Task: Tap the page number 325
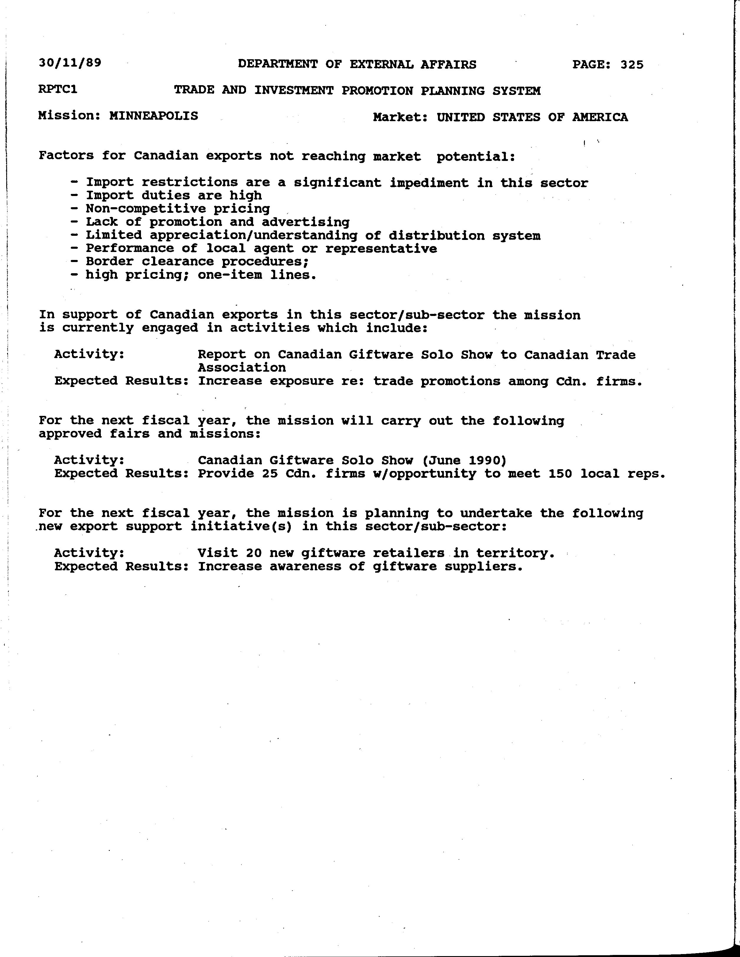pos(632,65)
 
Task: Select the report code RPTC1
pos(58,89)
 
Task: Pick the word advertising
pos(306,222)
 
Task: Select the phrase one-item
pos(229,275)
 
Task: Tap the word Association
pos(242,368)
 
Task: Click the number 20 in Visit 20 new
pos(254,553)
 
